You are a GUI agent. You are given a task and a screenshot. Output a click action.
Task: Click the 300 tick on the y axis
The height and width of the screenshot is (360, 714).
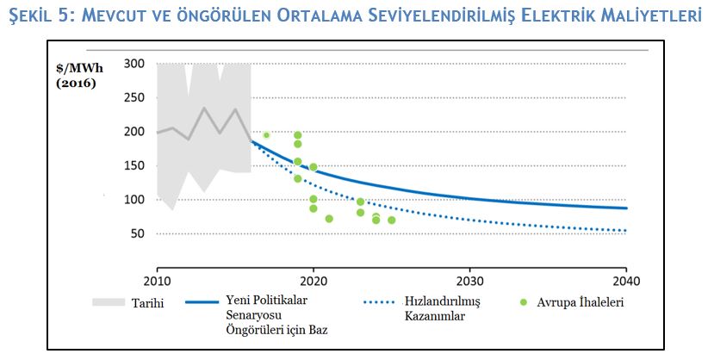click(x=133, y=64)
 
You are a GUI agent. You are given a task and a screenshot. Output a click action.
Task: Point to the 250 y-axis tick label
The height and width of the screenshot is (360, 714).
click(x=133, y=98)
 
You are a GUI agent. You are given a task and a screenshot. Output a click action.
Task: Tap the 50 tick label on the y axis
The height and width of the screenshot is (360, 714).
click(x=136, y=234)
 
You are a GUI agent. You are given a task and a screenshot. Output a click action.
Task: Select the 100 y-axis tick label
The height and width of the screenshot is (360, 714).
click(x=133, y=200)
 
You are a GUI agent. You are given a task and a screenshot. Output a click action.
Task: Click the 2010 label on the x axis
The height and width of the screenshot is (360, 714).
click(x=157, y=280)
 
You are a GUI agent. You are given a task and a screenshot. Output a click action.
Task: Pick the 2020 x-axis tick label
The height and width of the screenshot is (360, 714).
click(x=313, y=280)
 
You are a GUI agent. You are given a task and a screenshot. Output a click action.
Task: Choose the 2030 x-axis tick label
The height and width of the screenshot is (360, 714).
click(x=469, y=280)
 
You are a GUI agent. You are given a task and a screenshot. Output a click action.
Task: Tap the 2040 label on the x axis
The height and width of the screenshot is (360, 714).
click(x=626, y=280)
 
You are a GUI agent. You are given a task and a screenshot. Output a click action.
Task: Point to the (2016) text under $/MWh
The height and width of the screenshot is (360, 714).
click(x=77, y=84)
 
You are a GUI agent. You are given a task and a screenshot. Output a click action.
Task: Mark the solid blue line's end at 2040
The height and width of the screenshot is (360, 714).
click(x=626, y=208)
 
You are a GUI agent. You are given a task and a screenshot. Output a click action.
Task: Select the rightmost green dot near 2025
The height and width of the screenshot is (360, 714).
click(x=391, y=220)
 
